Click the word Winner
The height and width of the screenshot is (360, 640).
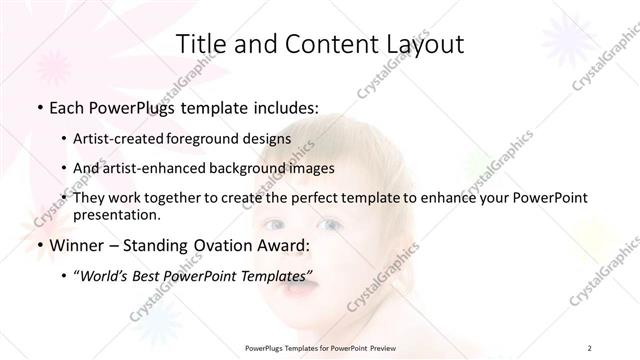coord(74,246)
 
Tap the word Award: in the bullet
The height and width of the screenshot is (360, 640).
coord(286,246)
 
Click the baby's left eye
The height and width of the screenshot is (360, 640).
coord(329,225)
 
